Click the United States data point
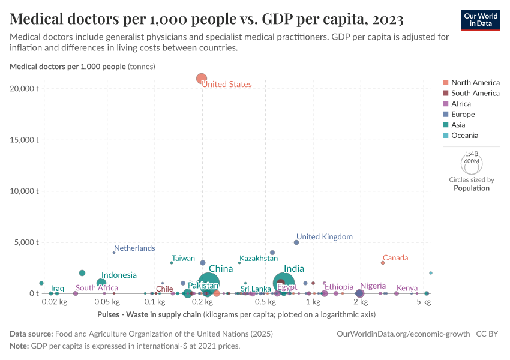(202, 78)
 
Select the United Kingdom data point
(296, 242)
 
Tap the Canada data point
(382, 263)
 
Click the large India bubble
(284, 282)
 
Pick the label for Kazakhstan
(259, 258)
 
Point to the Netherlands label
(134, 248)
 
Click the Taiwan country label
(183, 258)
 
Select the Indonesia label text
(119, 275)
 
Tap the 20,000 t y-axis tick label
(27, 89)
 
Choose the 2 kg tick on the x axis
(360, 302)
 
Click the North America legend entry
(475, 82)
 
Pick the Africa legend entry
(461, 104)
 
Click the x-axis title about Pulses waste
(236, 314)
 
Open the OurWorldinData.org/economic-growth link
(404, 334)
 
